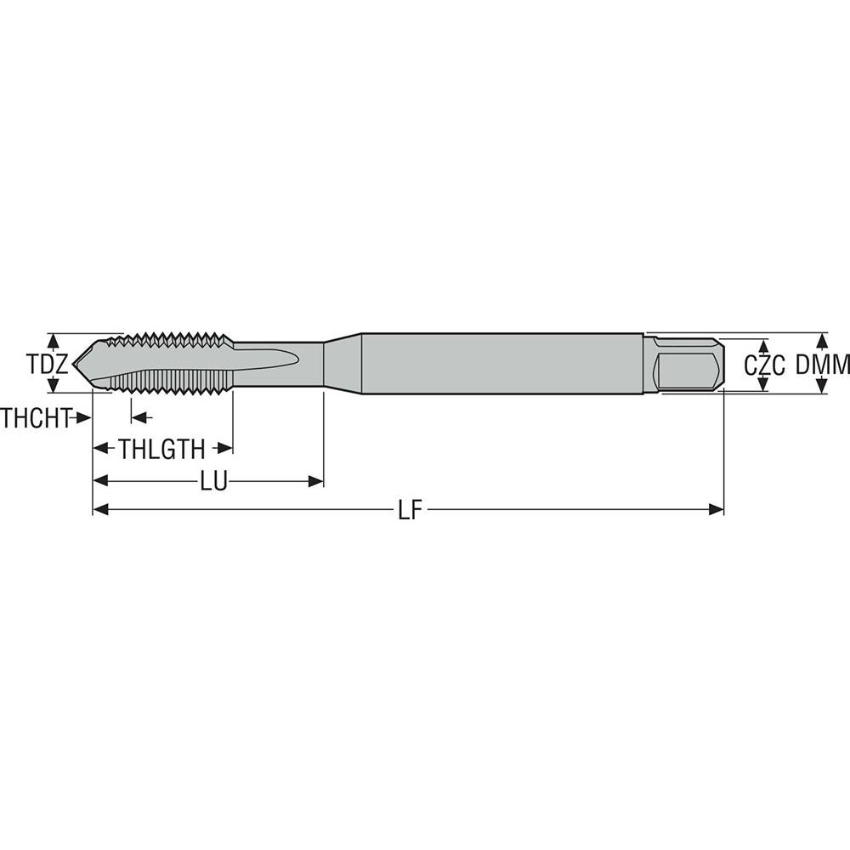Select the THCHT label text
35,417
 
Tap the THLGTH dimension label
161,449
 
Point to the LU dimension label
213,482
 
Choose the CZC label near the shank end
763,365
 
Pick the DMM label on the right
823,365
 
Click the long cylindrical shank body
501,364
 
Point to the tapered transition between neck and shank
343,364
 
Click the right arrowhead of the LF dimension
717,509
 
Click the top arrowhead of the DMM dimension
821,339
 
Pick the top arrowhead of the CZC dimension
762,346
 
